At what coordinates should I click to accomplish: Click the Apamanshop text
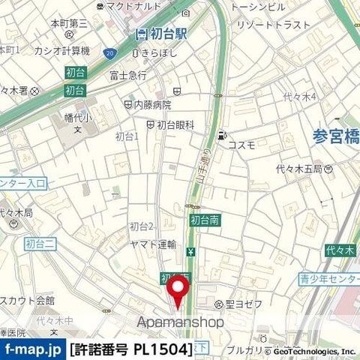click(181, 322)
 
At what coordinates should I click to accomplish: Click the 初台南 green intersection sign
click(205, 220)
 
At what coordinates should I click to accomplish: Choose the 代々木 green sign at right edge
click(346, 248)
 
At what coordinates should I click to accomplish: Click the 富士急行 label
click(128, 74)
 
